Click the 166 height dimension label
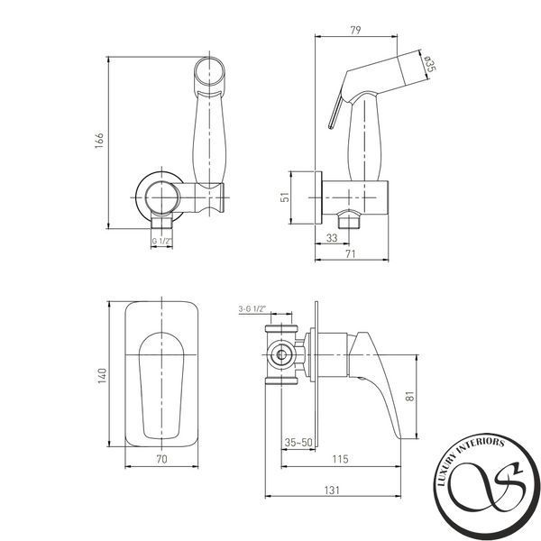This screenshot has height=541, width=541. coord(99,140)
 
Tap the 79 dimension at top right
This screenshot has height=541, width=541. coord(355,30)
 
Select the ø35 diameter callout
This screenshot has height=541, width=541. coord(430,64)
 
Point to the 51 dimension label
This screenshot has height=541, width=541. coord(285,197)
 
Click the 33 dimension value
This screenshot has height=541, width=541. coord(332,238)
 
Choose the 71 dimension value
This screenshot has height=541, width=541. coord(350,254)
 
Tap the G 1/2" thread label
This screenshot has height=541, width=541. coord(161,241)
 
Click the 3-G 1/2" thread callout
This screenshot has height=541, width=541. coord(252,308)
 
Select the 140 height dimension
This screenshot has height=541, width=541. coord(103,376)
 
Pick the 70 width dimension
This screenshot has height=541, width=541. coord(161,459)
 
